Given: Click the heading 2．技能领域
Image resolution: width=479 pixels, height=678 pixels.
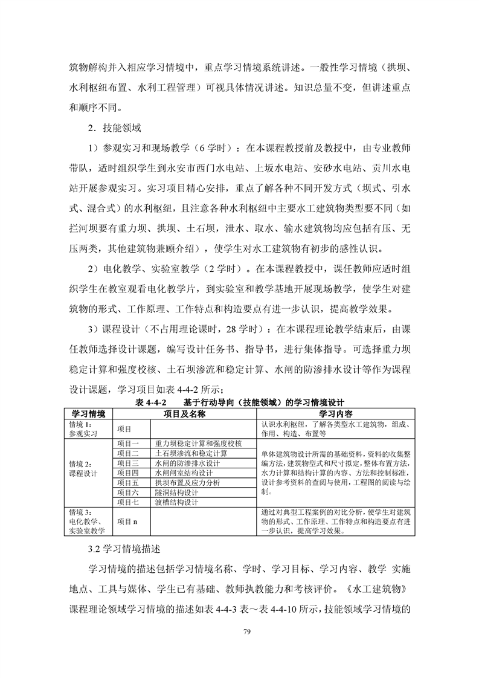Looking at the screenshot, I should (114, 128).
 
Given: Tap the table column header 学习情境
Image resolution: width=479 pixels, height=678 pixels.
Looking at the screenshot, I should (88, 414).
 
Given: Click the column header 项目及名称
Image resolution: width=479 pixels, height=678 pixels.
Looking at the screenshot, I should (185, 414).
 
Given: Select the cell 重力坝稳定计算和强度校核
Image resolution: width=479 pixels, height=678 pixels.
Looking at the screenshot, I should (198, 443).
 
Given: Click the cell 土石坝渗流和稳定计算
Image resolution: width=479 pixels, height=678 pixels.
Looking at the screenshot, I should (191, 453).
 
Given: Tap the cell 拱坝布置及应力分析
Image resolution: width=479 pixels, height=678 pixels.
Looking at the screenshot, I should (187, 483).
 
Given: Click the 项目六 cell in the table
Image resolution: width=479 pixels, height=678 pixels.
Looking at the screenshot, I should (128, 492).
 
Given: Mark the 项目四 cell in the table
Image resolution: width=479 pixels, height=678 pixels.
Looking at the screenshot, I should (128, 473).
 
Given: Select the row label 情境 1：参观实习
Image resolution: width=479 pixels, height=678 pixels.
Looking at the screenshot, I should (83, 428).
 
